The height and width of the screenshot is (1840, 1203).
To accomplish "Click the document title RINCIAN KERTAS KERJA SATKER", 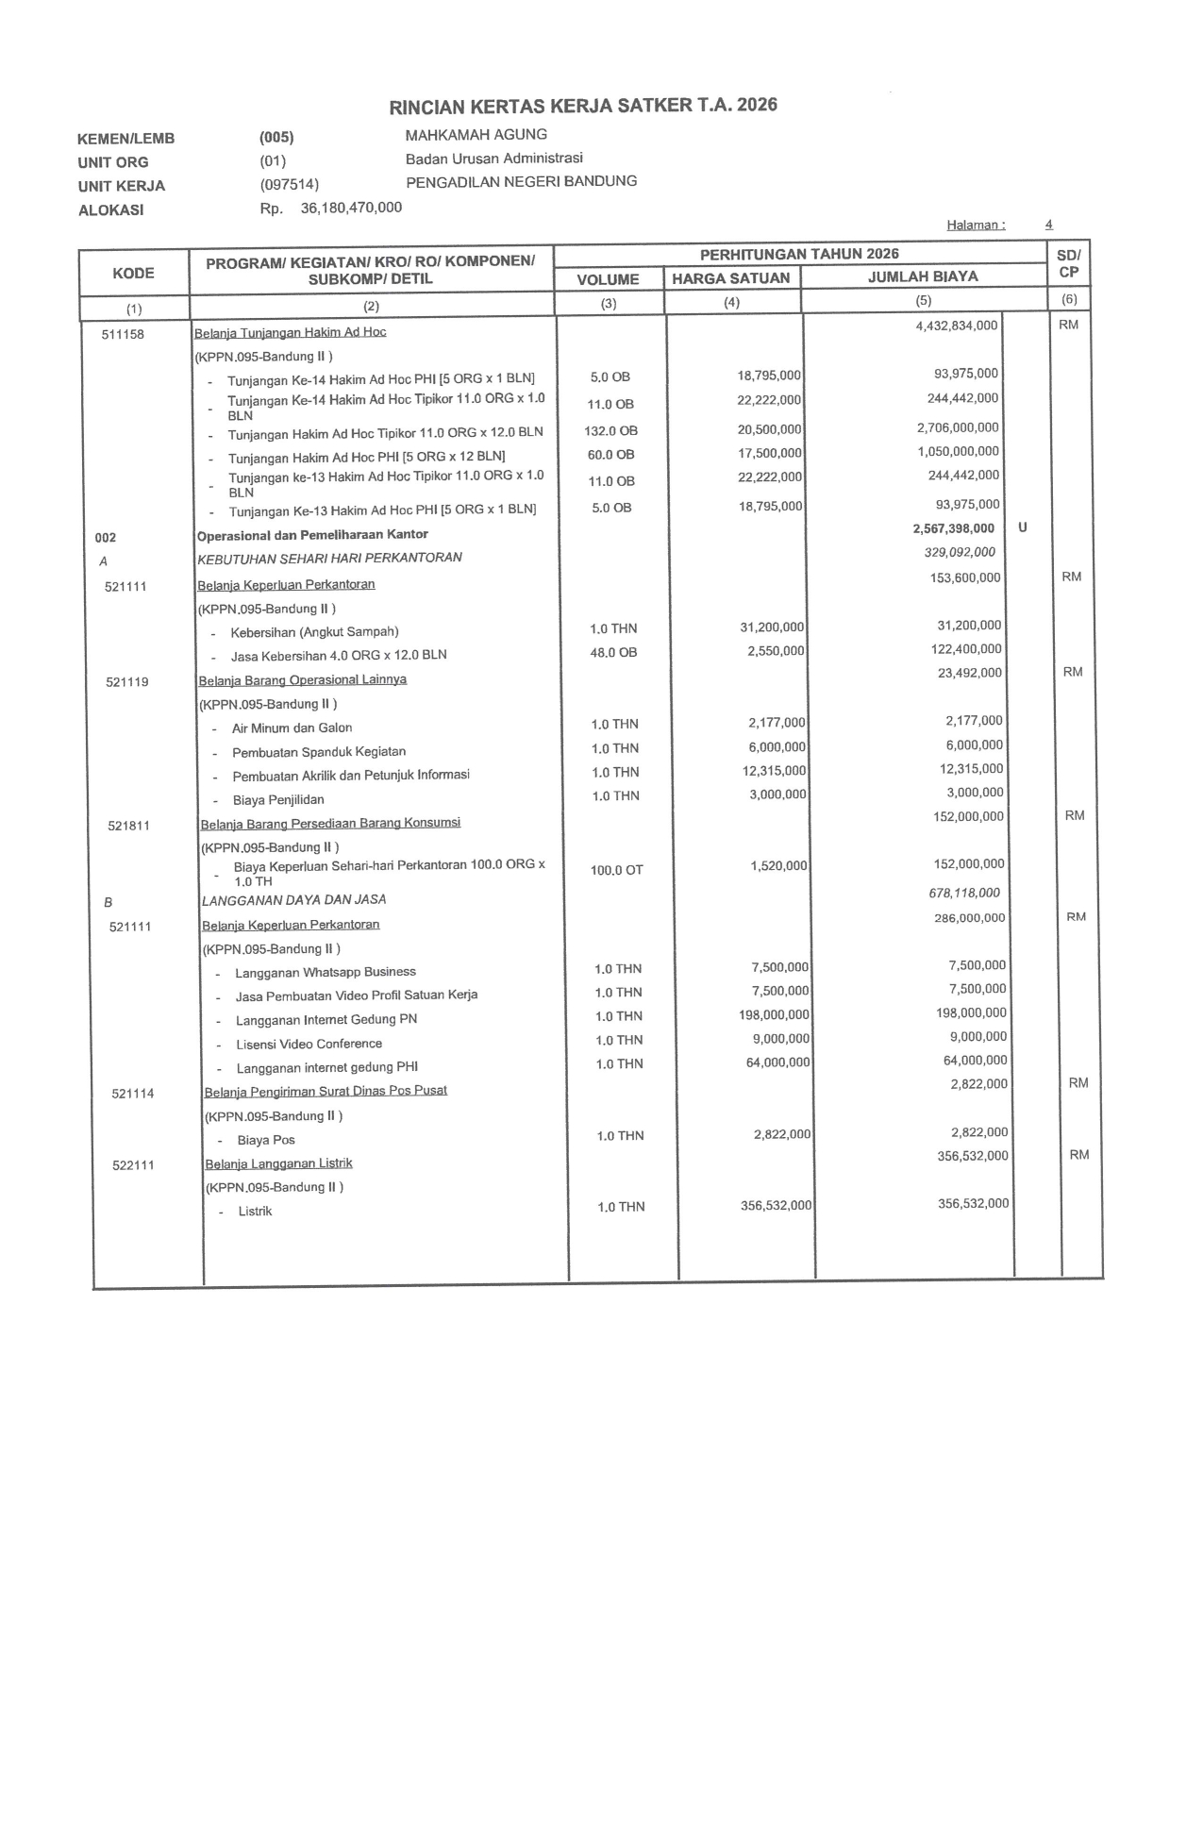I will click(583, 105).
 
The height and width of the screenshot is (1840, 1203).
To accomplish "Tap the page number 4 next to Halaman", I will click(1048, 225).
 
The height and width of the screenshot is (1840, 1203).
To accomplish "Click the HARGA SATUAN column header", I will click(730, 278).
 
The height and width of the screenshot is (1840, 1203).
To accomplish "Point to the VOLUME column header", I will click(608, 279).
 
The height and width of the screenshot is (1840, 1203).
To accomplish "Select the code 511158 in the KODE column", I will click(123, 334).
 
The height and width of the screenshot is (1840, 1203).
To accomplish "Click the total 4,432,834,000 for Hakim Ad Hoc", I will click(956, 326).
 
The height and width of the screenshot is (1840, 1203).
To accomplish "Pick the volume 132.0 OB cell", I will click(610, 431).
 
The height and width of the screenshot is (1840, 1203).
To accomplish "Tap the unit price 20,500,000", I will click(769, 429).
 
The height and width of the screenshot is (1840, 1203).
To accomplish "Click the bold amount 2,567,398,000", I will click(953, 528).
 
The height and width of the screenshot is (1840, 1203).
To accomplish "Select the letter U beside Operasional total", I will click(1023, 527).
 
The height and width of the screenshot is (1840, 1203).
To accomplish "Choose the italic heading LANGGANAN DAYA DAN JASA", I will click(293, 900).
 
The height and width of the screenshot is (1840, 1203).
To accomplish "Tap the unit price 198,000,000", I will click(774, 1014).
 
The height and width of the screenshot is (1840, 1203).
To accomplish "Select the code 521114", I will click(132, 1094).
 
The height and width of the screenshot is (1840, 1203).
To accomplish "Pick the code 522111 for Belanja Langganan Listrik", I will click(133, 1165).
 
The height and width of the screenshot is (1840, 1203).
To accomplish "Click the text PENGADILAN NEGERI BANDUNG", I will click(521, 181).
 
